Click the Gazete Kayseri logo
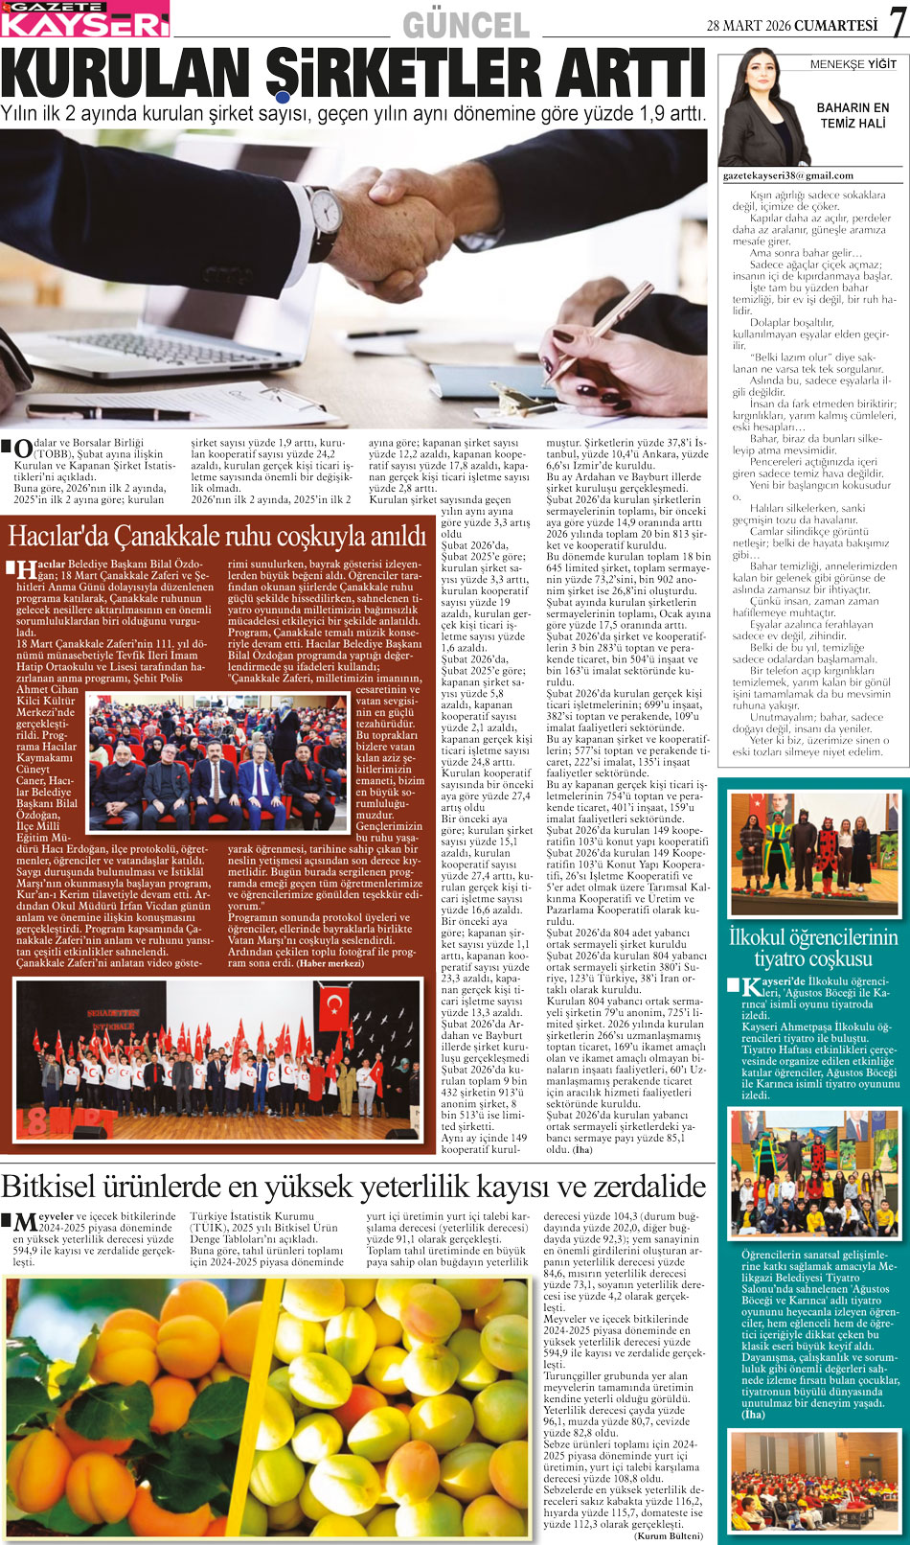click(x=84, y=18)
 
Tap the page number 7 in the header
click(x=896, y=21)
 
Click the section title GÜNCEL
click(x=466, y=25)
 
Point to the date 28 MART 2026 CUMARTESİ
click(x=791, y=26)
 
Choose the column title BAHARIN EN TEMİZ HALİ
click(x=852, y=115)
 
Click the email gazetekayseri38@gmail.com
click(x=787, y=175)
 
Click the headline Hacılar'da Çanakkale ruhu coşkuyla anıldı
click(x=217, y=534)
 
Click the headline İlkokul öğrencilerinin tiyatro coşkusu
click(x=812, y=948)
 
